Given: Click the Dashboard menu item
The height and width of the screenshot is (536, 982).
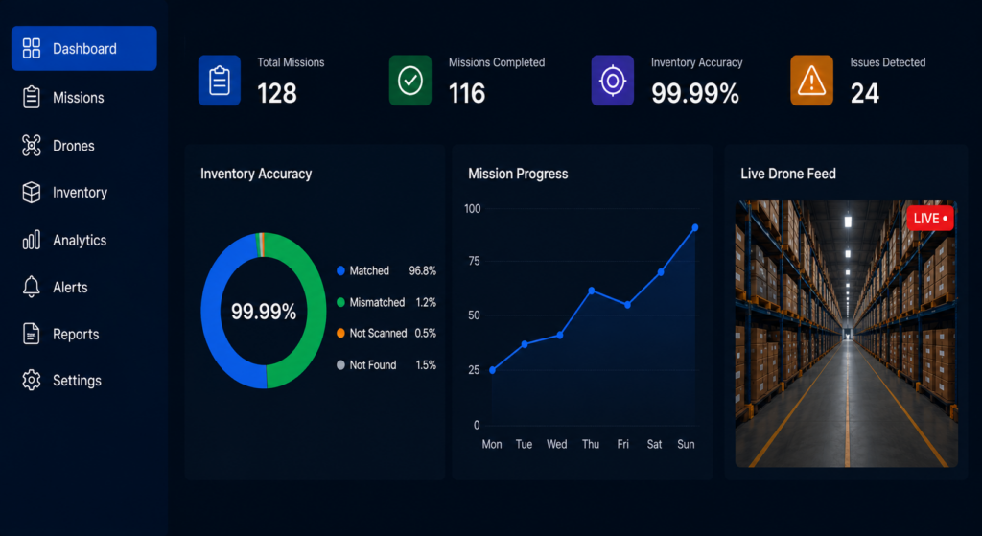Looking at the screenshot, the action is click(84, 48).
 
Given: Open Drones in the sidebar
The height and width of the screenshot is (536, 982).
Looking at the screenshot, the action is click(58, 146).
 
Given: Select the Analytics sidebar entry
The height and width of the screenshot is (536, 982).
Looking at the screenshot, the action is click(64, 240).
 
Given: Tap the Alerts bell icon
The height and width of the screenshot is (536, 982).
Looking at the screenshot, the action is click(32, 287).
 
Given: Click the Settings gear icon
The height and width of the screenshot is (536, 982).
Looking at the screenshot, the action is click(32, 380).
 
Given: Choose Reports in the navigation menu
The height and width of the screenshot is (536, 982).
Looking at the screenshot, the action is click(60, 334).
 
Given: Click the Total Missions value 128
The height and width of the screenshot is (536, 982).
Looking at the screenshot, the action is click(277, 93).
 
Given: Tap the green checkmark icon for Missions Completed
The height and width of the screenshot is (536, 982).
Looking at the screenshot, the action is click(410, 81).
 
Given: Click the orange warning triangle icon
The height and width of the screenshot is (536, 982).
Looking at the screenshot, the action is click(811, 81).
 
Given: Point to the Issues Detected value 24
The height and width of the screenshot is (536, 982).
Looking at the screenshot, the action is click(865, 93).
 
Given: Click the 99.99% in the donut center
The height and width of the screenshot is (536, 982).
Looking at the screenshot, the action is click(264, 312).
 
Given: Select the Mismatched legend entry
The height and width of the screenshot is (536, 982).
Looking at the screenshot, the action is click(386, 302).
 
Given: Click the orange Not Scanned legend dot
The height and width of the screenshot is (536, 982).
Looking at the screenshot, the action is click(340, 333).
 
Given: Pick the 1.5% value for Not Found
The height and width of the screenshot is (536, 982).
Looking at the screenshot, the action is click(426, 365).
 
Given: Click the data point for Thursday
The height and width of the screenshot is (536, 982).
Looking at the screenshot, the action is click(591, 291).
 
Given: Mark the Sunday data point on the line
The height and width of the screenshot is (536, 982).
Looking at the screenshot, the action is click(695, 228).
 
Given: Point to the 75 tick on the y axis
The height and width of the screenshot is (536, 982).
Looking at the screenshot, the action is click(474, 261).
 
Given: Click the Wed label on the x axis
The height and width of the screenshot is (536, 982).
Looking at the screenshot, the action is click(557, 444).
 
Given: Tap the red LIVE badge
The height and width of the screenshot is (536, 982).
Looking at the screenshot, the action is click(930, 218).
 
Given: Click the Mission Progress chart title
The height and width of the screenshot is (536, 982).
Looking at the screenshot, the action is click(518, 174).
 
